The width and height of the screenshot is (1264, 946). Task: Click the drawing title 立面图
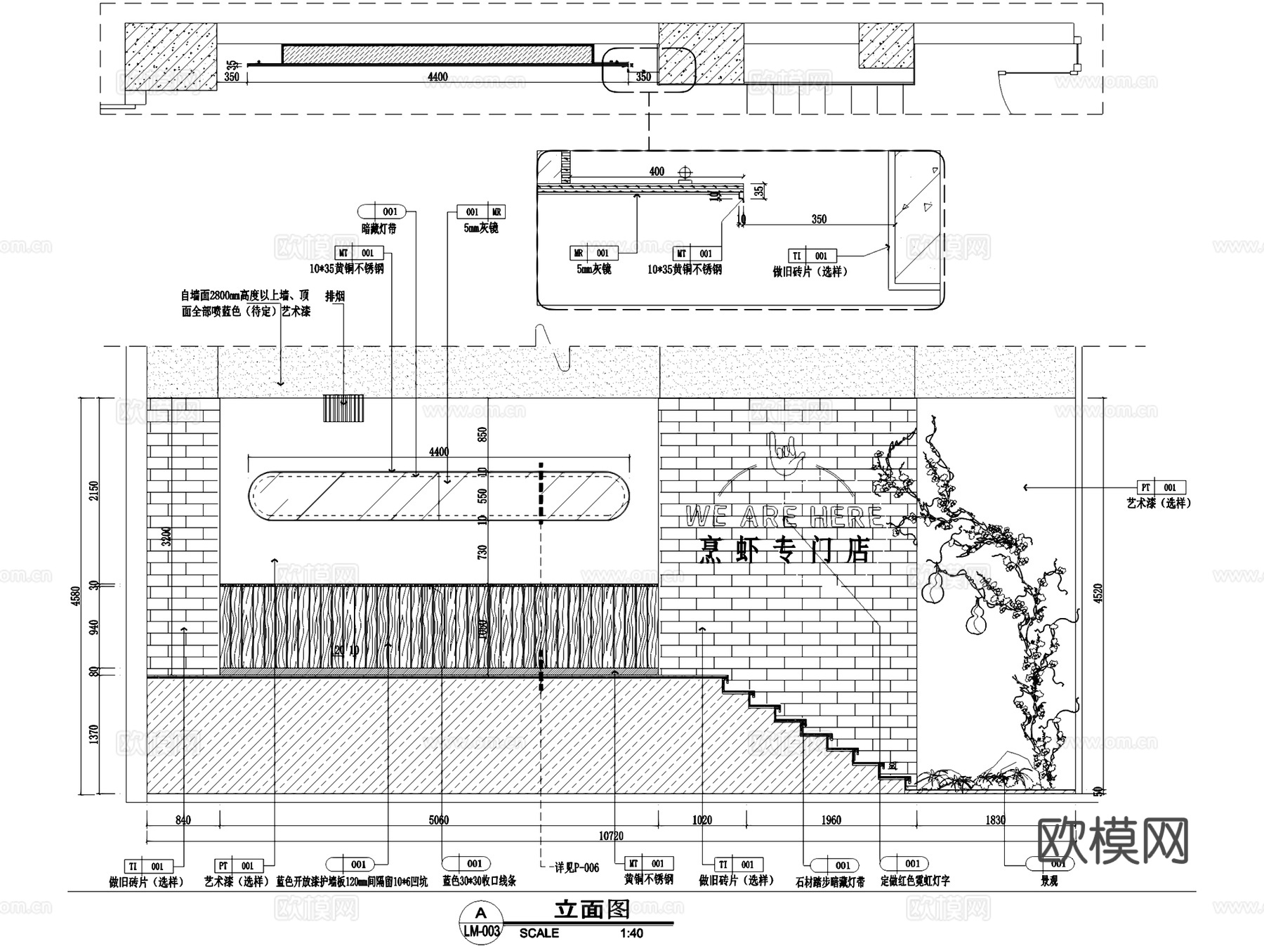point(591,909)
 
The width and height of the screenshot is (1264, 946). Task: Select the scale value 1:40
point(631,933)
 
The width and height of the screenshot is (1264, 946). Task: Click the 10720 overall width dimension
point(610,836)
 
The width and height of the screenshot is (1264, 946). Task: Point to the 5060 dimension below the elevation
point(438,820)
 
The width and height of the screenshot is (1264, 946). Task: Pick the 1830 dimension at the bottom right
point(995,820)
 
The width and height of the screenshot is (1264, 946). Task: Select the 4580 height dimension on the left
point(77,596)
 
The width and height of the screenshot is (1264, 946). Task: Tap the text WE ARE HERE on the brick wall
point(784,518)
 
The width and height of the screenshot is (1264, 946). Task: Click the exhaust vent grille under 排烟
point(343,409)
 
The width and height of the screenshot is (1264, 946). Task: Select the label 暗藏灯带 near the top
point(378,229)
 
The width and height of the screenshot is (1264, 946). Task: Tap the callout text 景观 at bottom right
point(1049,881)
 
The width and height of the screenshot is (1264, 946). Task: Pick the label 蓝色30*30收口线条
point(479,881)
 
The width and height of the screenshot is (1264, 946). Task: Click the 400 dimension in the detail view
point(657,171)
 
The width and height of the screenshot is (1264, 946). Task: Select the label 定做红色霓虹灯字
point(914,881)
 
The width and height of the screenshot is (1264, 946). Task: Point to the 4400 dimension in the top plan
point(437,77)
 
